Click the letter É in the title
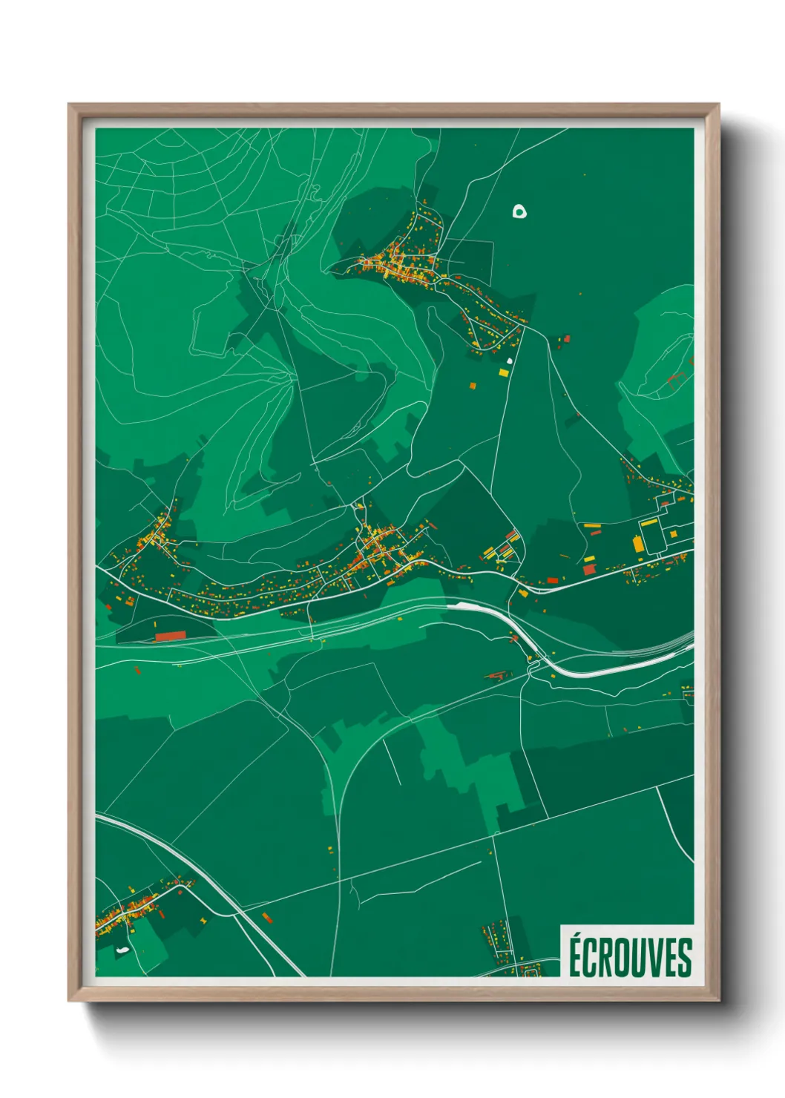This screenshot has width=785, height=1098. point(575,957)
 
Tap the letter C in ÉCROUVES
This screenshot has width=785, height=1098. point(591,958)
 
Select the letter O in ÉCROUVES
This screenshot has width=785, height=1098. point(625,958)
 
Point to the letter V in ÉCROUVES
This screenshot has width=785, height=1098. point(657,958)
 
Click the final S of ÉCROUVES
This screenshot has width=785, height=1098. point(685,958)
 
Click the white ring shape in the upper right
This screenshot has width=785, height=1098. point(520,211)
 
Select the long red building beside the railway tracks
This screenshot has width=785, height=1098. point(170,636)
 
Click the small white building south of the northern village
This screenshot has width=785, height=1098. point(510,361)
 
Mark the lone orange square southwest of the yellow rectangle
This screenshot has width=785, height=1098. point(472,385)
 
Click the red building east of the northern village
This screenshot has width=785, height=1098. point(566,339)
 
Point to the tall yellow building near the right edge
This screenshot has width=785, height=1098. point(638,542)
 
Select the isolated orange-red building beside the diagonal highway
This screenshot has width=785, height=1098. point(267,918)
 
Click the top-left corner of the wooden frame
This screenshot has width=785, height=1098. point(70,105)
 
